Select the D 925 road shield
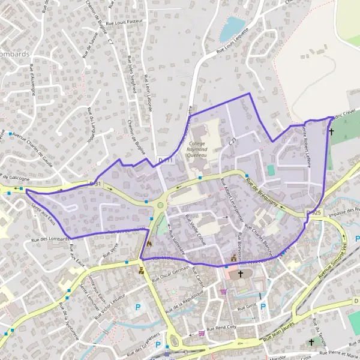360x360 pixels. click(313, 213)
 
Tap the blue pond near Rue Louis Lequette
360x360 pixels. click(232, 28)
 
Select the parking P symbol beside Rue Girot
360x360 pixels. click(263, 306)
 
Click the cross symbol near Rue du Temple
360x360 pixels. click(311, 341)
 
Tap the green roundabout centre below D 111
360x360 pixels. click(160, 207)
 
